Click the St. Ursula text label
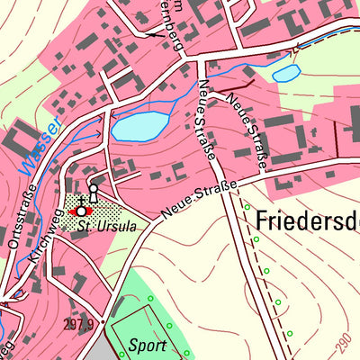tap(107, 227)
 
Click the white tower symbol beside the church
tap(92, 194)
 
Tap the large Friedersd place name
tap(307, 220)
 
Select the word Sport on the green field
tap(148, 345)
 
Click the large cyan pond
tap(139, 127)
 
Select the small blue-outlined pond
tap(286, 73)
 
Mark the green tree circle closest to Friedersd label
tap(247, 207)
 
